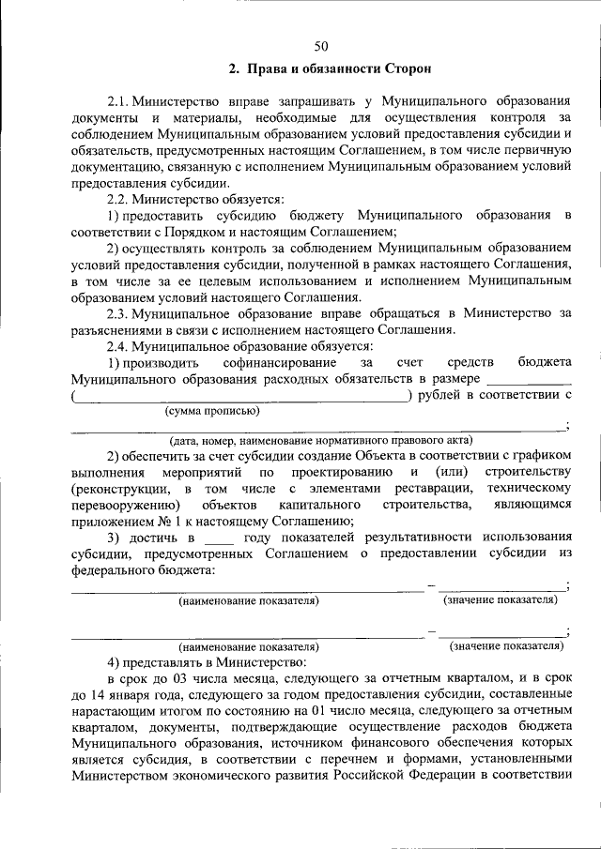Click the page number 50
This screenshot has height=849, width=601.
tap(320, 46)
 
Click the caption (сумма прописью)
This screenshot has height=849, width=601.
tap(213, 411)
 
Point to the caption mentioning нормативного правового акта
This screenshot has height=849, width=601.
tap(319, 440)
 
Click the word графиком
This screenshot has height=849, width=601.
tap(545, 456)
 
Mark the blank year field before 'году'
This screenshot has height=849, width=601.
tap(218, 538)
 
